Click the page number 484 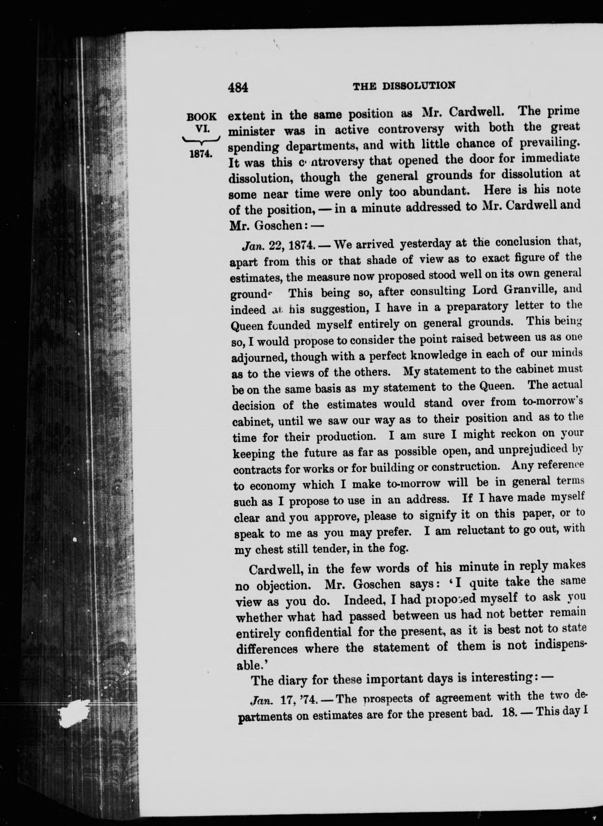click(x=238, y=88)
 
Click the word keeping click(x=254, y=454)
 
